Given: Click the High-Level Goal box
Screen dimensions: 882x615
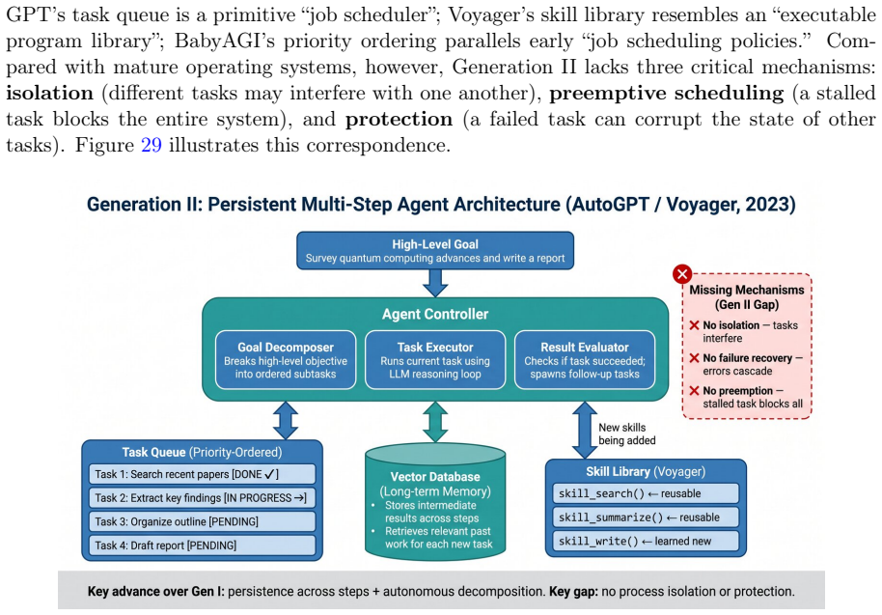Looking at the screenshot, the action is click(435, 251).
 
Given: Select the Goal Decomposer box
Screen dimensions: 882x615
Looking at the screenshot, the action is click(286, 360).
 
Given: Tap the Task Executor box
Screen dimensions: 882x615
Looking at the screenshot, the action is click(435, 360).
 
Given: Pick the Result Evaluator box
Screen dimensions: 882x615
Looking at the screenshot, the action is click(585, 360).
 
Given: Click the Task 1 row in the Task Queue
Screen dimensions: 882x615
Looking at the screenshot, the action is click(202, 474).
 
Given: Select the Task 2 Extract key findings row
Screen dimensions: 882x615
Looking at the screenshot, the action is click(202, 498).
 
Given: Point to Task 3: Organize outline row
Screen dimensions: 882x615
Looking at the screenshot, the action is click(202, 521).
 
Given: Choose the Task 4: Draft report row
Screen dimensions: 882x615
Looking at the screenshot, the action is click(202, 545).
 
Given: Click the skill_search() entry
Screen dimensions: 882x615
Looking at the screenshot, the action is click(646, 493).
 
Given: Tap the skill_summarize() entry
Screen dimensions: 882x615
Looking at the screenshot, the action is click(646, 517).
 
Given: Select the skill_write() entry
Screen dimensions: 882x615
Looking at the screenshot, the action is click(646, 542).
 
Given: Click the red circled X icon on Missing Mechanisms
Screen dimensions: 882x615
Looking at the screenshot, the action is click(682, 274).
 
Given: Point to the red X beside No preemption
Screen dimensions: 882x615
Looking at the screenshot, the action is click(694, 390).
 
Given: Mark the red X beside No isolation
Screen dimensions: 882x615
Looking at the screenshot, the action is click(694, 325).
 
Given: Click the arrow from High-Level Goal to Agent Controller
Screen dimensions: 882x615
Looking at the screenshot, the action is click(435, 283).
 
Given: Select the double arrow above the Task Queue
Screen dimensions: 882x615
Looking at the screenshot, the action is click(286, 420).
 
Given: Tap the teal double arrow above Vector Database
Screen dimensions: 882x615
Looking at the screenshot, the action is click(435, 422).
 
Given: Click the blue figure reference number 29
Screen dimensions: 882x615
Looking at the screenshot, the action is click(152, 145).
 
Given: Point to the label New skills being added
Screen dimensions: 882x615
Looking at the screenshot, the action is click(627, 433).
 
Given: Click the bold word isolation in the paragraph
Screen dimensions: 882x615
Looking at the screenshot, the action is click(49, 93).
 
